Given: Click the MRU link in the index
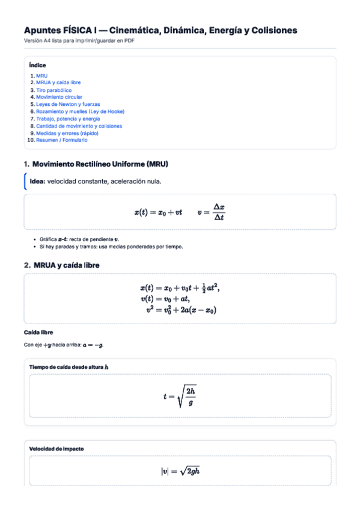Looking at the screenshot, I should [41, 76].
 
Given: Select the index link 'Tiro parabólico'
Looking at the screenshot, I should [53, 90].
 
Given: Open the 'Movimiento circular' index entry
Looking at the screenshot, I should [59, 97].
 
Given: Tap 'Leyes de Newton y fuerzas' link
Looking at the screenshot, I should [68, 104].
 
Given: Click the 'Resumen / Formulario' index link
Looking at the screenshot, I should [61, 140].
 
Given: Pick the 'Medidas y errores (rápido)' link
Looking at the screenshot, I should [67, 133].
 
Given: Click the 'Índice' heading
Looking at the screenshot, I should [37, 65].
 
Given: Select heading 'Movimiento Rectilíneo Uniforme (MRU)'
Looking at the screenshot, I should [100, 164].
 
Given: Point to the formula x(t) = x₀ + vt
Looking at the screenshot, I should [158, 212].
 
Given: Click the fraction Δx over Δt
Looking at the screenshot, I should [219, 212].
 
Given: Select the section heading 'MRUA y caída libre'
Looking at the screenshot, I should [66, 265].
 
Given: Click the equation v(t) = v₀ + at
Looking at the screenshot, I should [165, 299].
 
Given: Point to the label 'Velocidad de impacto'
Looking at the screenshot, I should [56, 449].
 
